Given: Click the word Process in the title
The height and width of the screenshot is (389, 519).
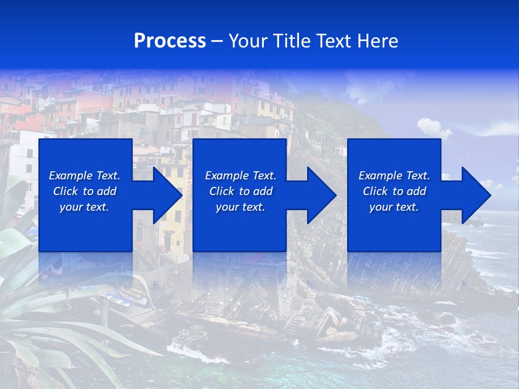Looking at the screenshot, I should tap(170, 41).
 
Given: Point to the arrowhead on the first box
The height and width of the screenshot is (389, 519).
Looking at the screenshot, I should tap(164, 195).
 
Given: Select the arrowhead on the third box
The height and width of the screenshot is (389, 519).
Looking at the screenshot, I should tap(474, 195).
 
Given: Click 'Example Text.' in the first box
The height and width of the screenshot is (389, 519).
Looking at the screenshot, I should tap(84, 176).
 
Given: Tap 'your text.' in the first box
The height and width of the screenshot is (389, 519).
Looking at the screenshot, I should tap(84, 207).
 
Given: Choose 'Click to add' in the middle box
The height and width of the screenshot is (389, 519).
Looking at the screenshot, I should tap(241, 191).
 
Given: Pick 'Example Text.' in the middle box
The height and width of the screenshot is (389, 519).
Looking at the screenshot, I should tap(241, 176).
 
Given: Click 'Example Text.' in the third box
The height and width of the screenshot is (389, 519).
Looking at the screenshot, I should tap(394, 176).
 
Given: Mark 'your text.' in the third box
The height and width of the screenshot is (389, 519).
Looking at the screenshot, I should tap(394, 207).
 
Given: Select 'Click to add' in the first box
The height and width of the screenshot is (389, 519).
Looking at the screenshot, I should tap(84, 191).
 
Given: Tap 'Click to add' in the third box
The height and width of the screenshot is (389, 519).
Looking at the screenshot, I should tap(394, 191).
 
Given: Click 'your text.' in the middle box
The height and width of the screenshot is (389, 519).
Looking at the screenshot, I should tap(241, 207).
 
